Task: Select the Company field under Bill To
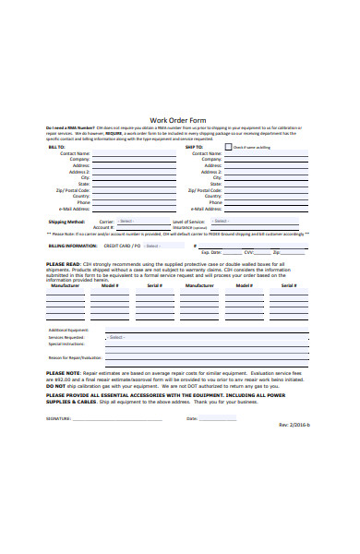[128, 159]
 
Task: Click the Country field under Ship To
[267, 196]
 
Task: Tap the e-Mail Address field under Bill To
[128, 210]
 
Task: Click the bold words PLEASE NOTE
[64, 373]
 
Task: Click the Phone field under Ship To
[267, 202]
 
